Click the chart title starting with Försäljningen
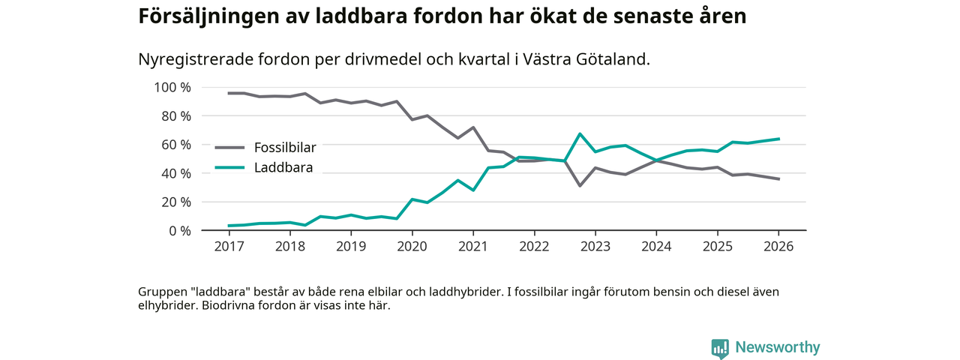click(442, 16)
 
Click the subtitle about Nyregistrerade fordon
click(394, 59)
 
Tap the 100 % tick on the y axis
click(172, 88)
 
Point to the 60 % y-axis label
click(175, 145)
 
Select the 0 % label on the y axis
click(179, 231)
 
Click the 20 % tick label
click(175, 202)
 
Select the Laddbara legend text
click(283, 167)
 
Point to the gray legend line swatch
click(230, 147)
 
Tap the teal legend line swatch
click(230, 167)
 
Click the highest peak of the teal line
click(580, 134)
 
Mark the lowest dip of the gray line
click(580, 185)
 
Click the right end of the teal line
click(778, 139)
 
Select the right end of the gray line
click(778, 179)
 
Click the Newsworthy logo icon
click(721, 348)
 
